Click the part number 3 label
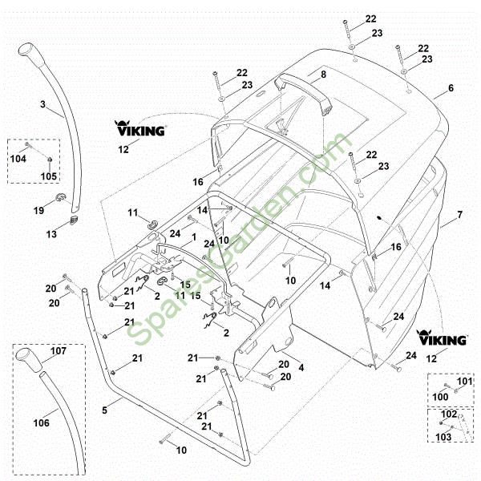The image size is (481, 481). pos(42,104)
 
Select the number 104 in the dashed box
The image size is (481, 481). pos(18,159)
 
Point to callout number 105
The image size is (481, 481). pos(49,176)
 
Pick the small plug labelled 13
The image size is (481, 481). pos(75,220)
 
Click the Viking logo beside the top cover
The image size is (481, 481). pos(140,128)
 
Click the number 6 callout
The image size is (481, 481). pos(451,88)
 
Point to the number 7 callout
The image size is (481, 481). pos(459,215)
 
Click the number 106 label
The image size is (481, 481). pos(41,423)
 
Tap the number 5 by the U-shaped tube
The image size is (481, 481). pos(104,410)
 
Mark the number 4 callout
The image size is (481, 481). pos(301,367)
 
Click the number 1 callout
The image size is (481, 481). pos(193,237)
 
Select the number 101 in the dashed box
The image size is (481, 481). pos(465,382)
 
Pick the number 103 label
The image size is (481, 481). pos(443,437)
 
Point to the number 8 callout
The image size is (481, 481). pos(323,75)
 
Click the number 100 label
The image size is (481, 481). pos(440,397)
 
